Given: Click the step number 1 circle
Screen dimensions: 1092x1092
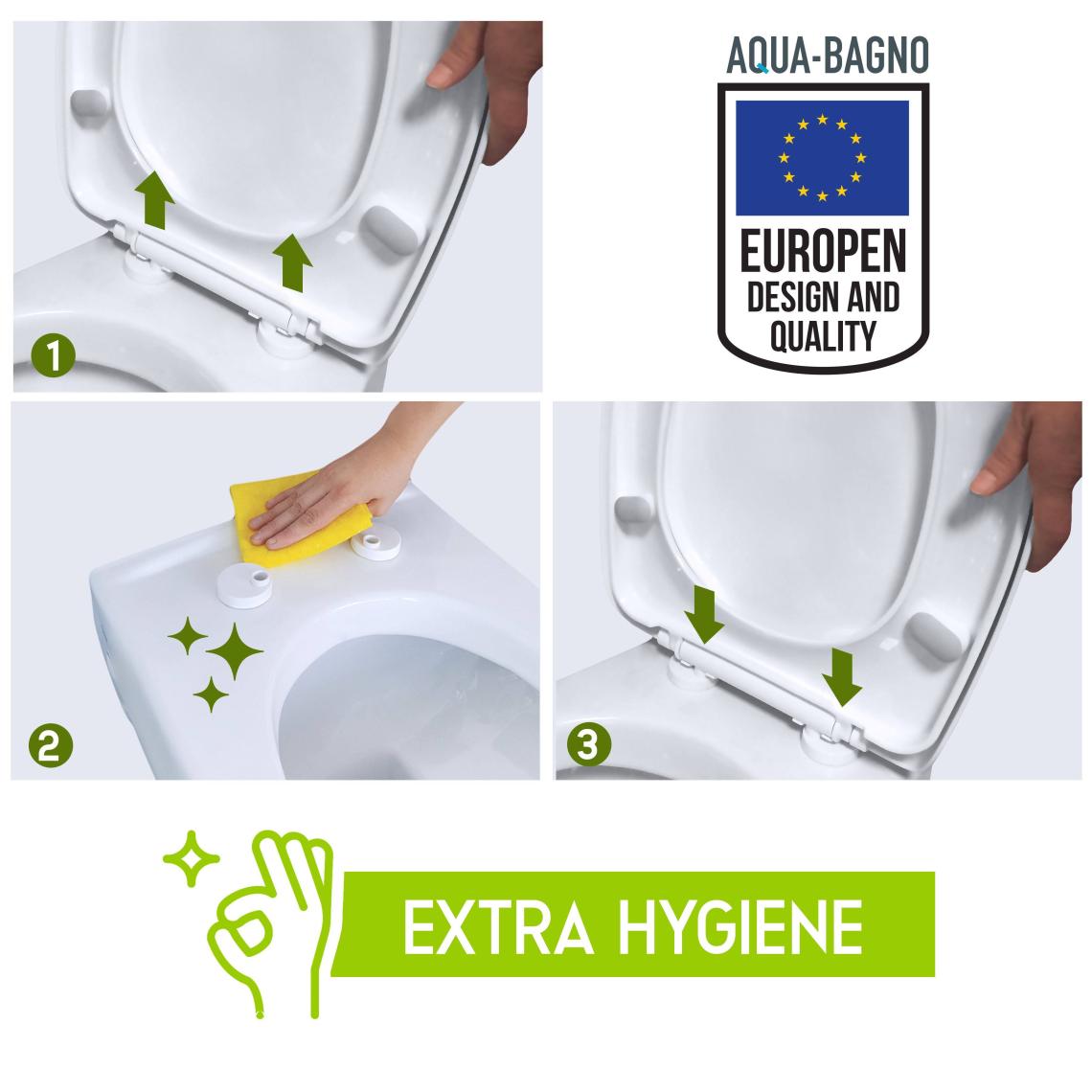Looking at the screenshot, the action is (53, 356).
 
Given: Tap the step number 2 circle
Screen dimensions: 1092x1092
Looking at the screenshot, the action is (50, 746).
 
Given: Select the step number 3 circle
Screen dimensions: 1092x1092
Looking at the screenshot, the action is (589, 743).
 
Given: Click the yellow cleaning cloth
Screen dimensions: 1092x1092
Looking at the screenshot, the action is (300, 516).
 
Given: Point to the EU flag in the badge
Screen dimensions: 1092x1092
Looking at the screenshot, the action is (822, 158).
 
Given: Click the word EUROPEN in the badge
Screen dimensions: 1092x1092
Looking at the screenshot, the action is (823, 251).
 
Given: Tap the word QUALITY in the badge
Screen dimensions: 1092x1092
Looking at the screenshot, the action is (823, 335).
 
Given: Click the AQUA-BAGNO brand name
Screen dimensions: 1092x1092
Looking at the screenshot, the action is (828, 55).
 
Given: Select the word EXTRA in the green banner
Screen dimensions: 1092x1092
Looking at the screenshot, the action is (497, 927).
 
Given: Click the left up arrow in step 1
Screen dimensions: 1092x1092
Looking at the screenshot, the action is (154, 200).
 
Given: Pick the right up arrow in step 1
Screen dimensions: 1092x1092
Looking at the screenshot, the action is (292, 262).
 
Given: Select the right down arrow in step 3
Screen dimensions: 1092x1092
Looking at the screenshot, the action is (842, 677).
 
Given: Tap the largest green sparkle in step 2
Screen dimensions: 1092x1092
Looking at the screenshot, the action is (235, 652).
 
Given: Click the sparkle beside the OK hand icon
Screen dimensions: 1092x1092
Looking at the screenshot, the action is (191, 858).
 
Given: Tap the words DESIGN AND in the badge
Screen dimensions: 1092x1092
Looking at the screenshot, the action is (823, 297).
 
